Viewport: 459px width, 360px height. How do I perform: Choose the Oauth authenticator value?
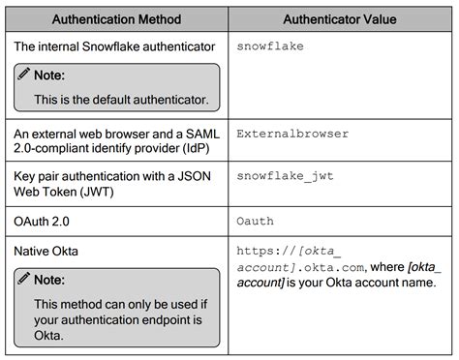pos(255,221)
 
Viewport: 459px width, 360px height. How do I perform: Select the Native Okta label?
pos(47,251)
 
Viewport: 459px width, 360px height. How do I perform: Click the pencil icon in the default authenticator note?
pos(23,75)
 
